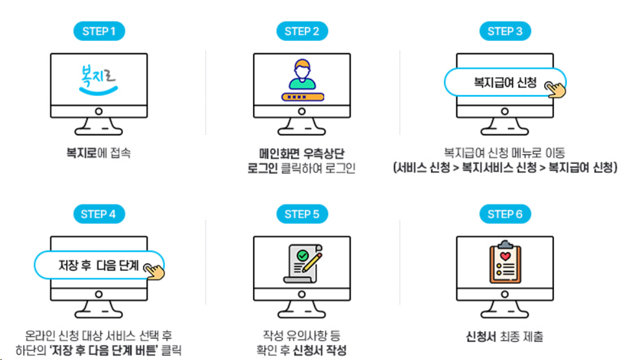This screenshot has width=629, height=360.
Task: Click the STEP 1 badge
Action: pyautogui.click(x=99, y=31)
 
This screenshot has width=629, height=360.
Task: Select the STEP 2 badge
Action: pyautogui.click(x=302, y=31)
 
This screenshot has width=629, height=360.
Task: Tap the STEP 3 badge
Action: pyautogui.click(x=505, y=31)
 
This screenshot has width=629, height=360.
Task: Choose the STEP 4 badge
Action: pyautogui.click(x=99, y=214)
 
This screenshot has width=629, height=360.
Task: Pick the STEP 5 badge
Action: pyautogui.click(x=302, y=214)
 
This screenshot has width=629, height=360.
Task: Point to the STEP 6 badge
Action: pyautogui.click(x=505, y=214)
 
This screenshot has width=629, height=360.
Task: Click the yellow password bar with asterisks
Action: pyautogui.click(x=302, y=96)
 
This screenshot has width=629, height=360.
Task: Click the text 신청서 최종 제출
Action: pyautogui.click(x=504, y=337)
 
